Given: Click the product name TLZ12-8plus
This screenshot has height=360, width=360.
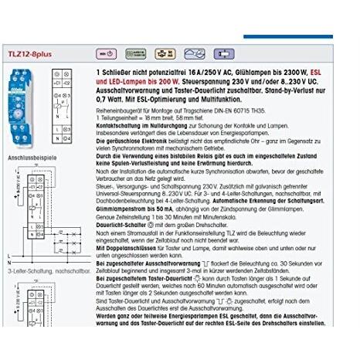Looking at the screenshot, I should (x=30, y=53).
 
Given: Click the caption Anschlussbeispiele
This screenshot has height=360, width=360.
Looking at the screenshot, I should (x=32, y=157).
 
